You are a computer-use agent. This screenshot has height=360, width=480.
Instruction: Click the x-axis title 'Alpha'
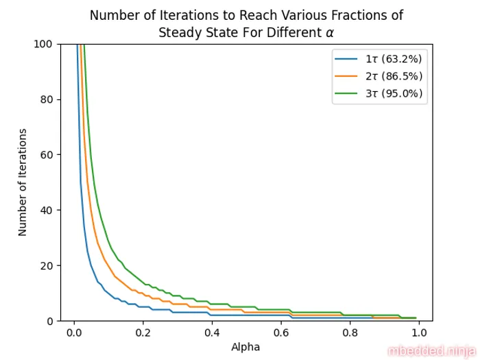246,347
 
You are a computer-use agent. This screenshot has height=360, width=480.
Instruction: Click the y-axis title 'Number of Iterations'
23,182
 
